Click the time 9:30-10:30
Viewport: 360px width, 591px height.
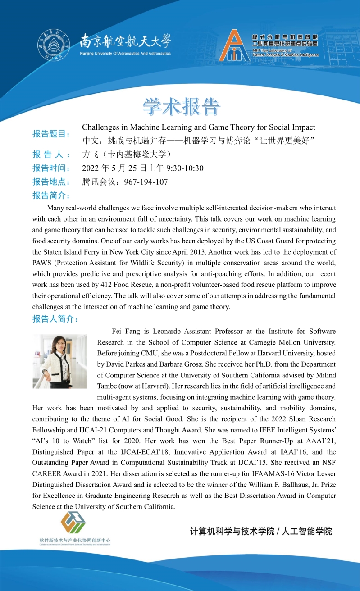click(x=185, y=168)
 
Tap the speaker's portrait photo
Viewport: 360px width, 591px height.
click(x=59, y=361)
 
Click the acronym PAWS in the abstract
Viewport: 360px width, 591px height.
click(x=43, y=263)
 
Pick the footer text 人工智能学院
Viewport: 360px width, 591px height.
click(x=307, y=531)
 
